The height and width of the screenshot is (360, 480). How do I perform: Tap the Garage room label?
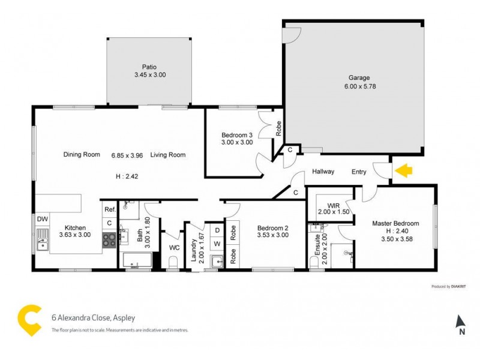359,77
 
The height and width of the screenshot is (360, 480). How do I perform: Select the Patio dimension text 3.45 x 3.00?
149,75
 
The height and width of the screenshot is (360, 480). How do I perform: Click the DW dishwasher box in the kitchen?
42,219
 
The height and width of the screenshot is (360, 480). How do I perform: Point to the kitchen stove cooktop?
109,240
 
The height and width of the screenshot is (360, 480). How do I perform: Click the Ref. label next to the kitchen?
109,209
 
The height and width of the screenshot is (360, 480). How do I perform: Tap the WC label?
174,247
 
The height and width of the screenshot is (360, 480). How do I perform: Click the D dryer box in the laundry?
217,229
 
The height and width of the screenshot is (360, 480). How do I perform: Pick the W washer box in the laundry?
217,244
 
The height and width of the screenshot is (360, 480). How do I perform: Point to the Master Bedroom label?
395,223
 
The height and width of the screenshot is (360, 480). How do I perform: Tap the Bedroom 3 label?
236,134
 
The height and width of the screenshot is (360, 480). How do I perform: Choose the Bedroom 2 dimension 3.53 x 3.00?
273,235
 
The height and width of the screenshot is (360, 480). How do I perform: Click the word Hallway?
323,172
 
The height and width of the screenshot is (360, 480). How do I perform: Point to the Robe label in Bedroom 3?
278,127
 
